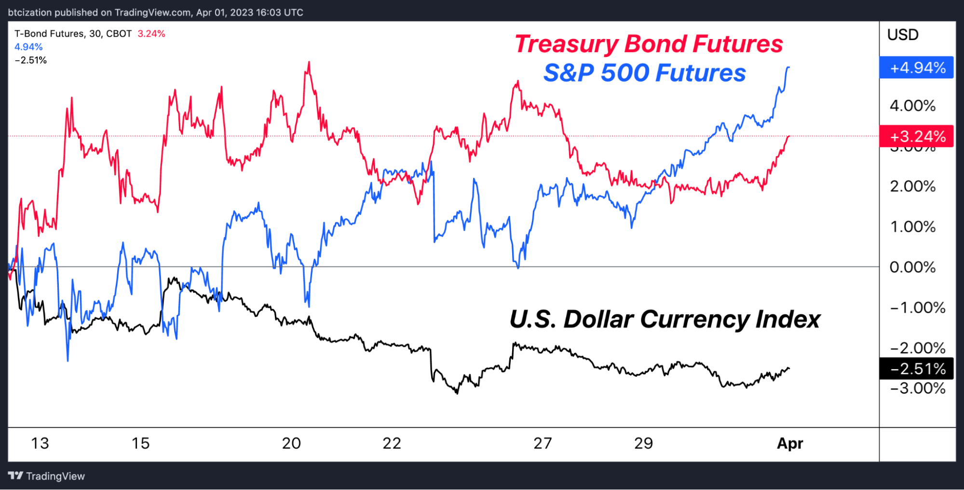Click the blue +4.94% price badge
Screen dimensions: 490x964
pos(916,67)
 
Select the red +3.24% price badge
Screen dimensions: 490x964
pos(916,136)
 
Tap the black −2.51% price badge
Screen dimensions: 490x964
pos(916,369)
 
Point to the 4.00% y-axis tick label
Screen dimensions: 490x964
pos(912,106)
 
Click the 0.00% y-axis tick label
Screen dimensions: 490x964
pos(912,267)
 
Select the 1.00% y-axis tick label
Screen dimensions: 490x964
pos(912,226)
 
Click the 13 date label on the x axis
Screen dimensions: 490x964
pos(40,443)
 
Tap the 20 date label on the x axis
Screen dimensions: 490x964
pos(291,443)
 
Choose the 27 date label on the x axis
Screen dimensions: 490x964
pos(543,443)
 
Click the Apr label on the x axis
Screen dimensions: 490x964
pos(790,443)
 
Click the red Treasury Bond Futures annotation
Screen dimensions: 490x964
pos(649,44)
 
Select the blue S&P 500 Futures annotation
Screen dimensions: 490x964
pos(644,73)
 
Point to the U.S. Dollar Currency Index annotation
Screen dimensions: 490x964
pos(665,319)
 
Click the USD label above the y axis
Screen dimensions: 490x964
pos(903,35)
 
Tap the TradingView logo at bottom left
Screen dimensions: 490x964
pos(47,476)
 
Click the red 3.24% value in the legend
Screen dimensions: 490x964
pos(151,34)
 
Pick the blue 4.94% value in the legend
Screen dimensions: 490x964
pos(28,47)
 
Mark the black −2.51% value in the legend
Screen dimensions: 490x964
pos(31,60)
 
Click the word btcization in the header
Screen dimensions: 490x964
pos(29,13)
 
